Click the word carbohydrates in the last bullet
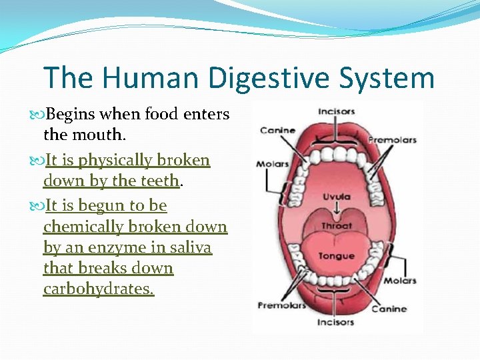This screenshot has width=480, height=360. click(98, 289)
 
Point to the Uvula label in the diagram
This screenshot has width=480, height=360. click(337, 197)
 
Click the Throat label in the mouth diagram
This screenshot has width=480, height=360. click(337, 226)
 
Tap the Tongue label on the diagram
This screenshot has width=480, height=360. click(336, 257)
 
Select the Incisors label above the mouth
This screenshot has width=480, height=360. click(337, 111)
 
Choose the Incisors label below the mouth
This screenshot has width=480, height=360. click(337, 322)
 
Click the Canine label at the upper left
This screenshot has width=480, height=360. click(278, 129)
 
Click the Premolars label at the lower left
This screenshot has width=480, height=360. click(281, 305)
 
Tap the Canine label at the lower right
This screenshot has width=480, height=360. click(389, 309)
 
